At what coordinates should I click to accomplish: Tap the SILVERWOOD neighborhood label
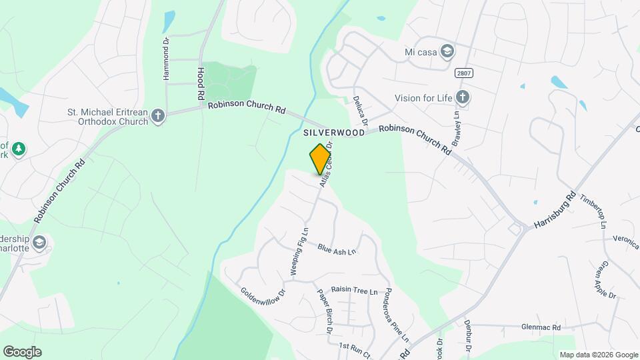(x=334, y=133)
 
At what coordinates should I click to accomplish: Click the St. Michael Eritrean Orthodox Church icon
(x=158, y=116)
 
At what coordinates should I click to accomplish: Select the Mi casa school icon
(x=447, y=52)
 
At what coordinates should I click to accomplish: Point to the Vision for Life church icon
(x=463, y=98)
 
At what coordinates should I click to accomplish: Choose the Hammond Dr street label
(x=166, y=59)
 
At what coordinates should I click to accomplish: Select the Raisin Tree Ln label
(x=355, y=291)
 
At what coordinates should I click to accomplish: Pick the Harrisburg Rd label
(x=554, y=211)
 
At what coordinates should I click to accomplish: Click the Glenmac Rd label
(x=542, y=327)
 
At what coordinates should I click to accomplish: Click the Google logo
(x=22, y=352)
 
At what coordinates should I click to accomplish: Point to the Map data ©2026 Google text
(x=599, y=355)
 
